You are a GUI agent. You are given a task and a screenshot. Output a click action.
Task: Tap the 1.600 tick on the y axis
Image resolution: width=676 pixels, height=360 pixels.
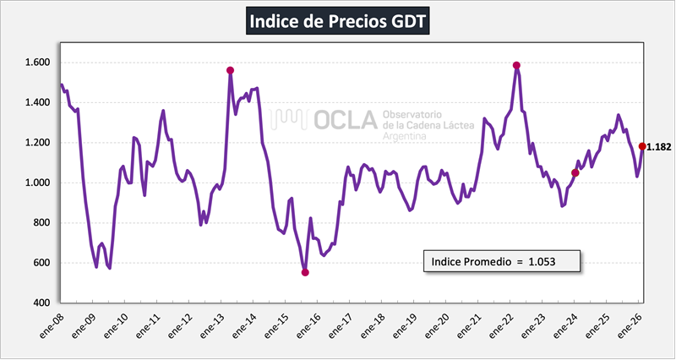pyautogui.click(x=38, y=63)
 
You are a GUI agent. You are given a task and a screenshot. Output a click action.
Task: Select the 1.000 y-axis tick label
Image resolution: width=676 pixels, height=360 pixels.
pyautogui.click(x=38, y=183)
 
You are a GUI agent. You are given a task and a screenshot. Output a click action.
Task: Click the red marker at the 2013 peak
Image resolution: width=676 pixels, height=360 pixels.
pyautogui.click(x=230, y=70)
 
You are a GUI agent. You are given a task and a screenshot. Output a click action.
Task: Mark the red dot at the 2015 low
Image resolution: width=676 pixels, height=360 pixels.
pyautogui.click(x=305, y=272)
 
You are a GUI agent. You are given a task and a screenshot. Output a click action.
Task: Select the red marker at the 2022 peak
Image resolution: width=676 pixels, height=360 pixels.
pyautogui.click(x=516, y=65)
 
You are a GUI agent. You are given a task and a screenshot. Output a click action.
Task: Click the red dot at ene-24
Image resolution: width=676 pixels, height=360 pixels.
pyautogui.click(x=575, y=172)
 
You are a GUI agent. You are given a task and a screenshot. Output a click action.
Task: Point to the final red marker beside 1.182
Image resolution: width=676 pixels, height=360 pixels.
pyautogui.click(x=642, y=146)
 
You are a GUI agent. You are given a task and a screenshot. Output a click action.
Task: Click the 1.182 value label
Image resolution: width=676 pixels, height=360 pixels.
pyautogui.click(x=659, y=147)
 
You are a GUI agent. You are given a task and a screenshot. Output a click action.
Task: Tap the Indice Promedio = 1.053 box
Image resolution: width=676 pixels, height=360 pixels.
pyautogui.click(x=502, y=260)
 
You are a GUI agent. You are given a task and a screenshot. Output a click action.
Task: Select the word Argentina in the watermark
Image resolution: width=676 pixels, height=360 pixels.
pyautogui.click(x=406, y=135)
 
